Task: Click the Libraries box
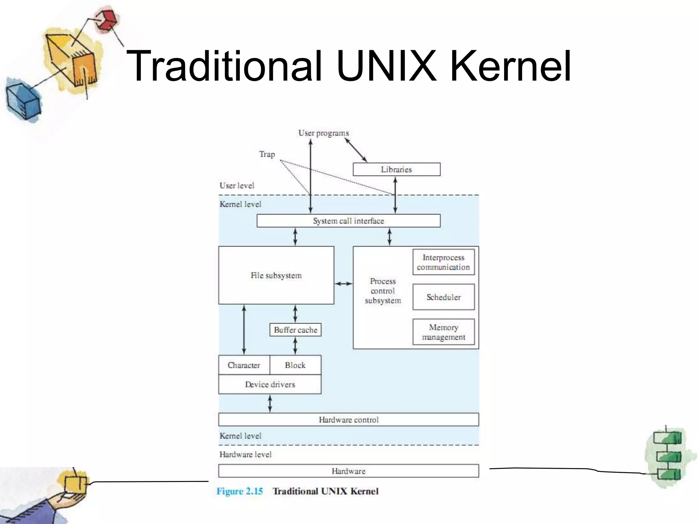(396, 169)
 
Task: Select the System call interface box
(348, 221)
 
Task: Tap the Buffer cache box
(295, 330)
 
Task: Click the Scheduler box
(443, 297)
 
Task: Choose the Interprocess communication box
(443, 262)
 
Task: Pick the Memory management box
(443, 332)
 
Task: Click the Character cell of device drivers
(244, 365)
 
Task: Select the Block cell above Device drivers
(295, 365)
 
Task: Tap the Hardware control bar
(348, 420)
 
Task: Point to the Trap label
(267, 154)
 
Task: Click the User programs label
(323, 133)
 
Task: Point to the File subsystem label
(276, 275)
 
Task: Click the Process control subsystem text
(383, 291)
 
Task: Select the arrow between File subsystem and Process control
(344, 283)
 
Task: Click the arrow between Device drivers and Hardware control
(270, 403)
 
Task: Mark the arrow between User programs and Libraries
(356, 150)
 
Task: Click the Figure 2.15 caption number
(240, 491)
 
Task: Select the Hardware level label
(245, 454)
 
